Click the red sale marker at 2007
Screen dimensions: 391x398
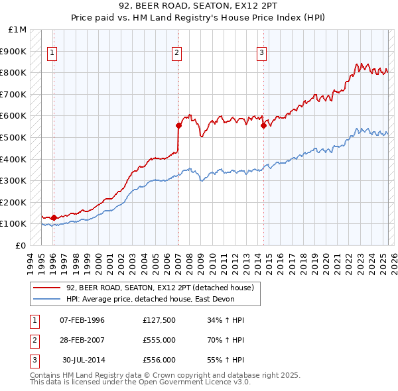click(x=178, y=125)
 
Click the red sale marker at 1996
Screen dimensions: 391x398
click(x=54, y=217)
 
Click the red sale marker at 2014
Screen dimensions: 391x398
click(x=263, y=125)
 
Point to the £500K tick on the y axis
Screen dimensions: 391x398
click(x=15, y=137)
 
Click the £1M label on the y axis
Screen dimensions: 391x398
click(x=18, y=30)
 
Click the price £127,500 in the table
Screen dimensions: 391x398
click(x=159, y=320)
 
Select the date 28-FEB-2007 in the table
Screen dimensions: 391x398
click(x=82, y=340)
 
